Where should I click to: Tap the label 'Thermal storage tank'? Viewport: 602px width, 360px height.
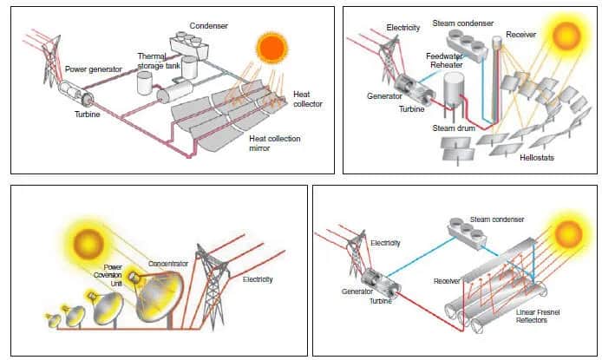(x=158, y=60)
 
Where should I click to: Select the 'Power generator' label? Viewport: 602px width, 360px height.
(x=94, y=69)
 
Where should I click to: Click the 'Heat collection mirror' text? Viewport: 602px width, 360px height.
(x=271, y=143)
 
